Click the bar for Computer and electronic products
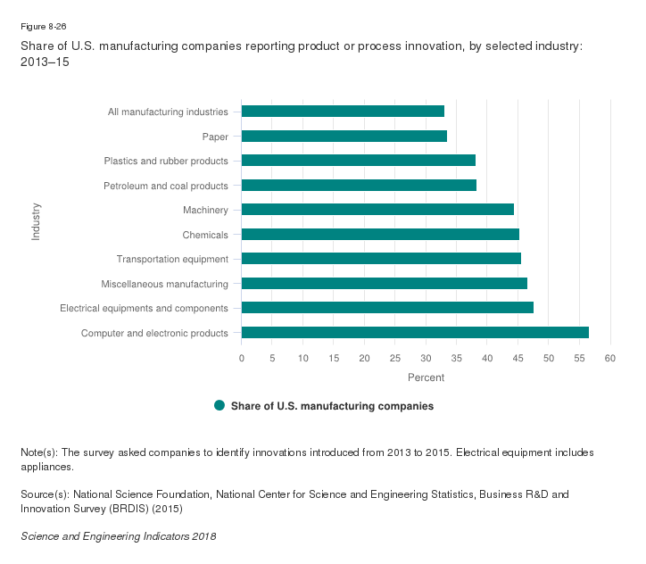(x=415, y=333)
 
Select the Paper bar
(x=344, y=137)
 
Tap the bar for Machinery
(x=377, y=210)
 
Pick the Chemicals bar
(x=380, y=235)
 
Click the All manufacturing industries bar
(x=343, y=112)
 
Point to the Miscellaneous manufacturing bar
(x=384, y=284)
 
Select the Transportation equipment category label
(x=172, y=259)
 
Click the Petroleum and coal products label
(x=166, y=186)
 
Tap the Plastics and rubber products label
(x=166, y=161)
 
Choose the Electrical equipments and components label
(x=144, y=308)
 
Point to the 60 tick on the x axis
(x=610, y=358)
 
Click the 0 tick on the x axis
(x=242, y=358)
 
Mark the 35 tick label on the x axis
(x=426, y=358)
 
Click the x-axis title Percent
(x=426, y=377)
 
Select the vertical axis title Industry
(x=37, y=222)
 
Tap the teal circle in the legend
(x=219, y=406)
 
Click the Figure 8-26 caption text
(x=44, y=27)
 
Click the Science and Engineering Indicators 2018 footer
(x=118, y=536)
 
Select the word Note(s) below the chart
(x=38, y=452)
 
